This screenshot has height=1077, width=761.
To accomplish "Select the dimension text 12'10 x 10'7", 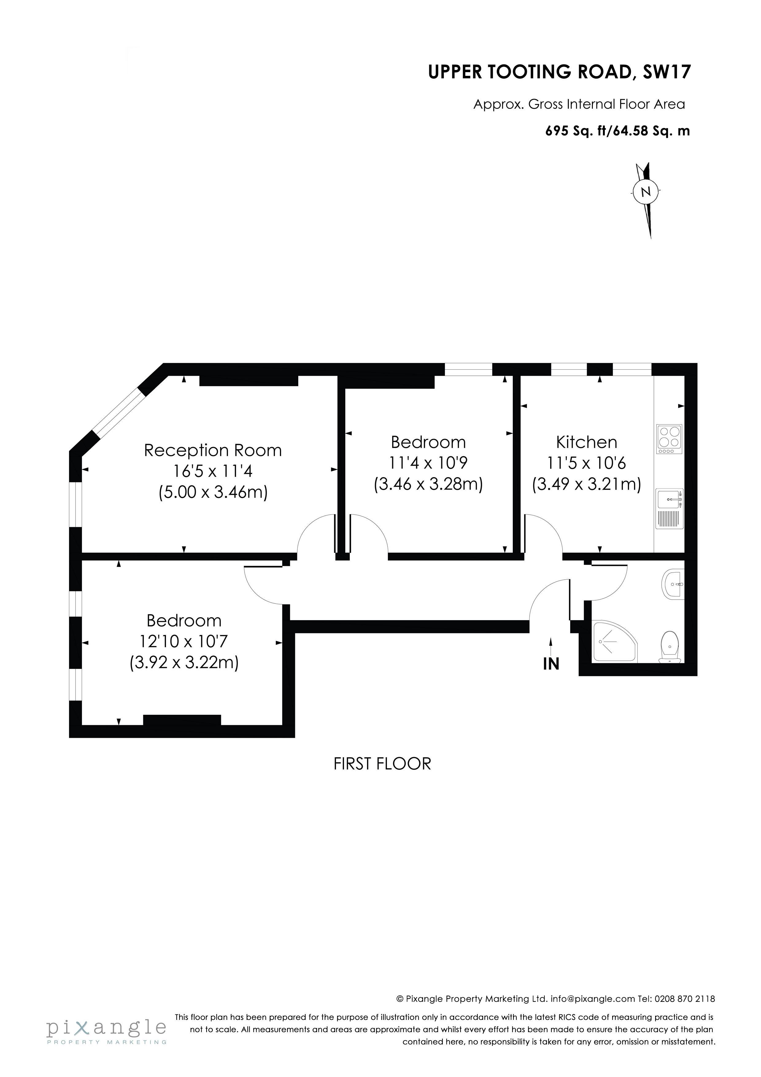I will pos(184,641).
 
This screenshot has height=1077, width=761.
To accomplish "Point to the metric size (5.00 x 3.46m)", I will pos(213,492).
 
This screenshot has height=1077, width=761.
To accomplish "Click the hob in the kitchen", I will pos(670,439).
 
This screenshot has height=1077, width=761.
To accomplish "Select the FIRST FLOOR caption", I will pos(382,764).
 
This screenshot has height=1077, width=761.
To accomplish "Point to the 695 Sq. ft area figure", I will pos(577,131).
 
